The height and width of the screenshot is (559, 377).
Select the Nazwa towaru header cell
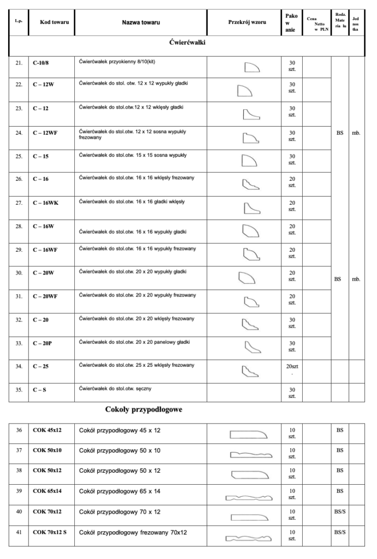140,23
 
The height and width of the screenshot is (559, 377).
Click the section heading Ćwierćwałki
188,43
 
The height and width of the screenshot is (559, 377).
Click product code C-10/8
43,63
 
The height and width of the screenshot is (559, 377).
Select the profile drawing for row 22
245,91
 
